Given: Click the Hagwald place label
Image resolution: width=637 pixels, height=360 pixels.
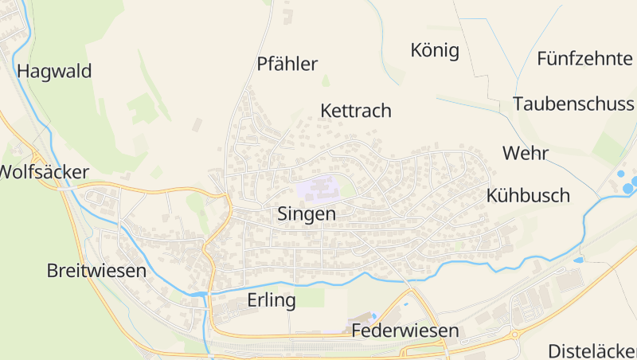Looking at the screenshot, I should pyautogui.click(x=54, y=71).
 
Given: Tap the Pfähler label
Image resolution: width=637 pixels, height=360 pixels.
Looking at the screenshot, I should pyautogui.click(x=287, y=65).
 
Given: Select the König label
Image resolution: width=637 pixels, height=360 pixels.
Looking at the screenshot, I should pyautogui.click(x=435, y=51).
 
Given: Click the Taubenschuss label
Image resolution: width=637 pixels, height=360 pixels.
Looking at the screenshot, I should pyautogui.click(x=574, y=104).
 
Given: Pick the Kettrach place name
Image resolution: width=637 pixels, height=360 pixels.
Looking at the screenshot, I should pyautogui.click(x=356, y=111).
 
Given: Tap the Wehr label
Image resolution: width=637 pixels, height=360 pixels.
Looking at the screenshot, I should pyautogui.click(x=522, y=153).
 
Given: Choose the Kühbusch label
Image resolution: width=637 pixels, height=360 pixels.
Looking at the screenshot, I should pyautogui.click(x=528, y=195).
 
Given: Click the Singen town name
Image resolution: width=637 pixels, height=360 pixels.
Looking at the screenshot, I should pyautogui.click(x=307, y=213).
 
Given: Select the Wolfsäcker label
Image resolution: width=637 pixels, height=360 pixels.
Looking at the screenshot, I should pyautogui.click(x=44, y=172).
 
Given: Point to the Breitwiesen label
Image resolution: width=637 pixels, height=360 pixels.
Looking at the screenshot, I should pyautogui.click(x=96, y=270).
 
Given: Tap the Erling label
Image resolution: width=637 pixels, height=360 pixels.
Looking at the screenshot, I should pyautogui.click(x=272, y=300).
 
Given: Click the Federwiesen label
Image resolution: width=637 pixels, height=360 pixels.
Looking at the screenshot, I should pyautogui.click(x=404, y=331).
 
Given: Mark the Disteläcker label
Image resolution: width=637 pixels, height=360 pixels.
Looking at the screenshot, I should pyautogui.click(x=592, y=350).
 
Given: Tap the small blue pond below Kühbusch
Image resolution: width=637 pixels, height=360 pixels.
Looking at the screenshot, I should pyautogui.click(x=578, y=260).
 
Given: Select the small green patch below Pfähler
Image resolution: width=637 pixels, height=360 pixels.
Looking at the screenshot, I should pyautogui.click(x=326, y=81).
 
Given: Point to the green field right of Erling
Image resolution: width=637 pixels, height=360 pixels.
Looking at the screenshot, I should pyautogui.click(x=312, y=297).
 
